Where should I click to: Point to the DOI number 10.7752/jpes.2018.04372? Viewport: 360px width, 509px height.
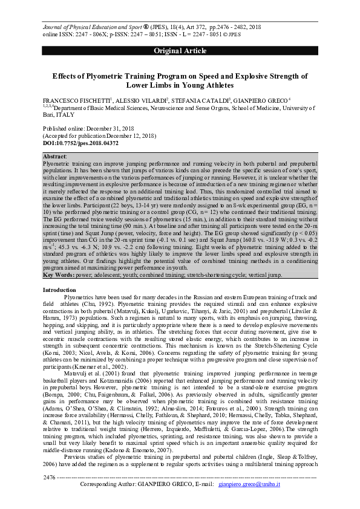(x=85, y=143)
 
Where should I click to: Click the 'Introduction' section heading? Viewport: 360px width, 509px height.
(x=59, y=291)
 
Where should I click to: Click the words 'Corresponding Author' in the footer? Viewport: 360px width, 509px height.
(x=111, y=501)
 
